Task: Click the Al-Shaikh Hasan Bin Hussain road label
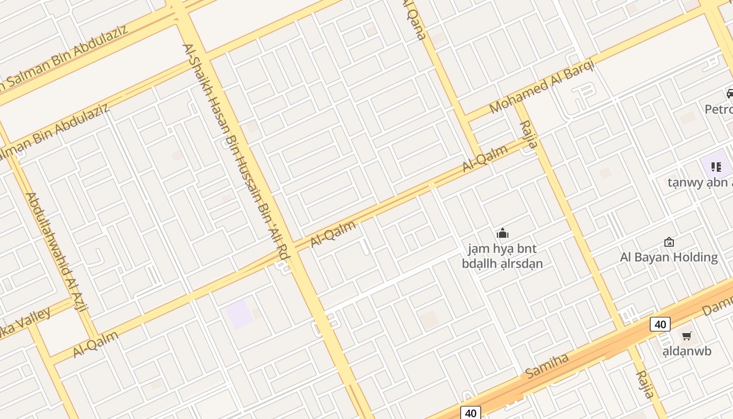click(236, 152)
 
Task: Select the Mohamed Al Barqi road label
click(542, 86)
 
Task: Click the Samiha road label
click(547, 366)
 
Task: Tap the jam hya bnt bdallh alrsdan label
click(502, 256)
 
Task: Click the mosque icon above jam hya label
click(503, 233)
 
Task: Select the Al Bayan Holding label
click(669, 257)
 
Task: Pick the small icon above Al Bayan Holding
click(669, 242)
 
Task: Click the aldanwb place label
click(687, 351)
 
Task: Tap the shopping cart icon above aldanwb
click(686, 336)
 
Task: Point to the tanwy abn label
click(699, 182)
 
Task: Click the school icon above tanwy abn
click(716, 167)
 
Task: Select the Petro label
click(718, 109)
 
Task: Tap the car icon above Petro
click(730, 94)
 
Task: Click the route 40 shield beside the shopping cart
click(660, 324)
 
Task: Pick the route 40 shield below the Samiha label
click(471, 413)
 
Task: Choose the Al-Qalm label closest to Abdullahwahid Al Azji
click(96, 344)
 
